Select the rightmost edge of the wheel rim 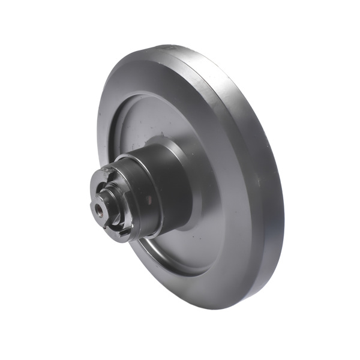(x=284, y=204)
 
